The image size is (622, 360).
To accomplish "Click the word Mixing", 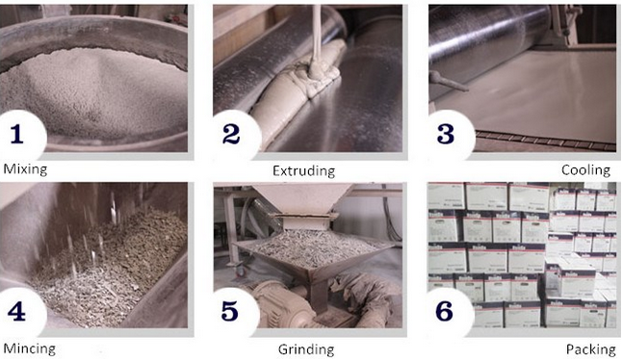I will [x=25, y=169].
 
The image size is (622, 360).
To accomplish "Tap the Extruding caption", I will [x=302, y=171].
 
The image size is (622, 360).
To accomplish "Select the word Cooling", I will [x=585, y=170].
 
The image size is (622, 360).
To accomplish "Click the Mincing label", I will [x=29, y=348].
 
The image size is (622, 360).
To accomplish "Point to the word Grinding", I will [x=304, y=348].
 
